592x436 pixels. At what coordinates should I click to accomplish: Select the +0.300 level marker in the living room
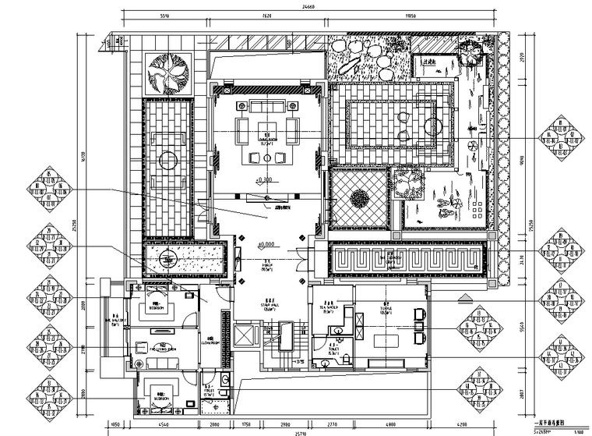point(265,181)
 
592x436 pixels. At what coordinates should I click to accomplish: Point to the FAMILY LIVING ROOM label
point(162,347)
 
